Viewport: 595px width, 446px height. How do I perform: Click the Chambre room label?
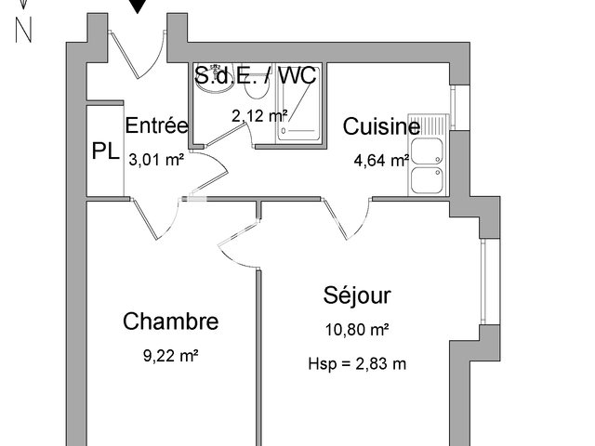(x=171, y=321)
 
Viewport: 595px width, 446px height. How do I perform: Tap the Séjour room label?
(x=357, y=295)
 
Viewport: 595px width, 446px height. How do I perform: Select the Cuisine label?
(x=381, y=127)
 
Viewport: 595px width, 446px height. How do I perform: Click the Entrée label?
(x=157, y=126)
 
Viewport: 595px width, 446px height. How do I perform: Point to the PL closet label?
(x=105, y=152)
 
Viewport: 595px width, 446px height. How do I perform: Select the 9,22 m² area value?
(x=172, y=354)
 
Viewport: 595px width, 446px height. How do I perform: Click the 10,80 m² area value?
(x=357, y=329)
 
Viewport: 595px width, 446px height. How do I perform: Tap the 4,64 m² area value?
(x=381, y=160)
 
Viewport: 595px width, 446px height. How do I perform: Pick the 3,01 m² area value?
(x=156, y=159)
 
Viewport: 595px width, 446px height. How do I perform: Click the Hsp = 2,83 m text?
(x=357, y=363)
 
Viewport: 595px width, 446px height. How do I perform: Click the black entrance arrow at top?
(x=138, y=7)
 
